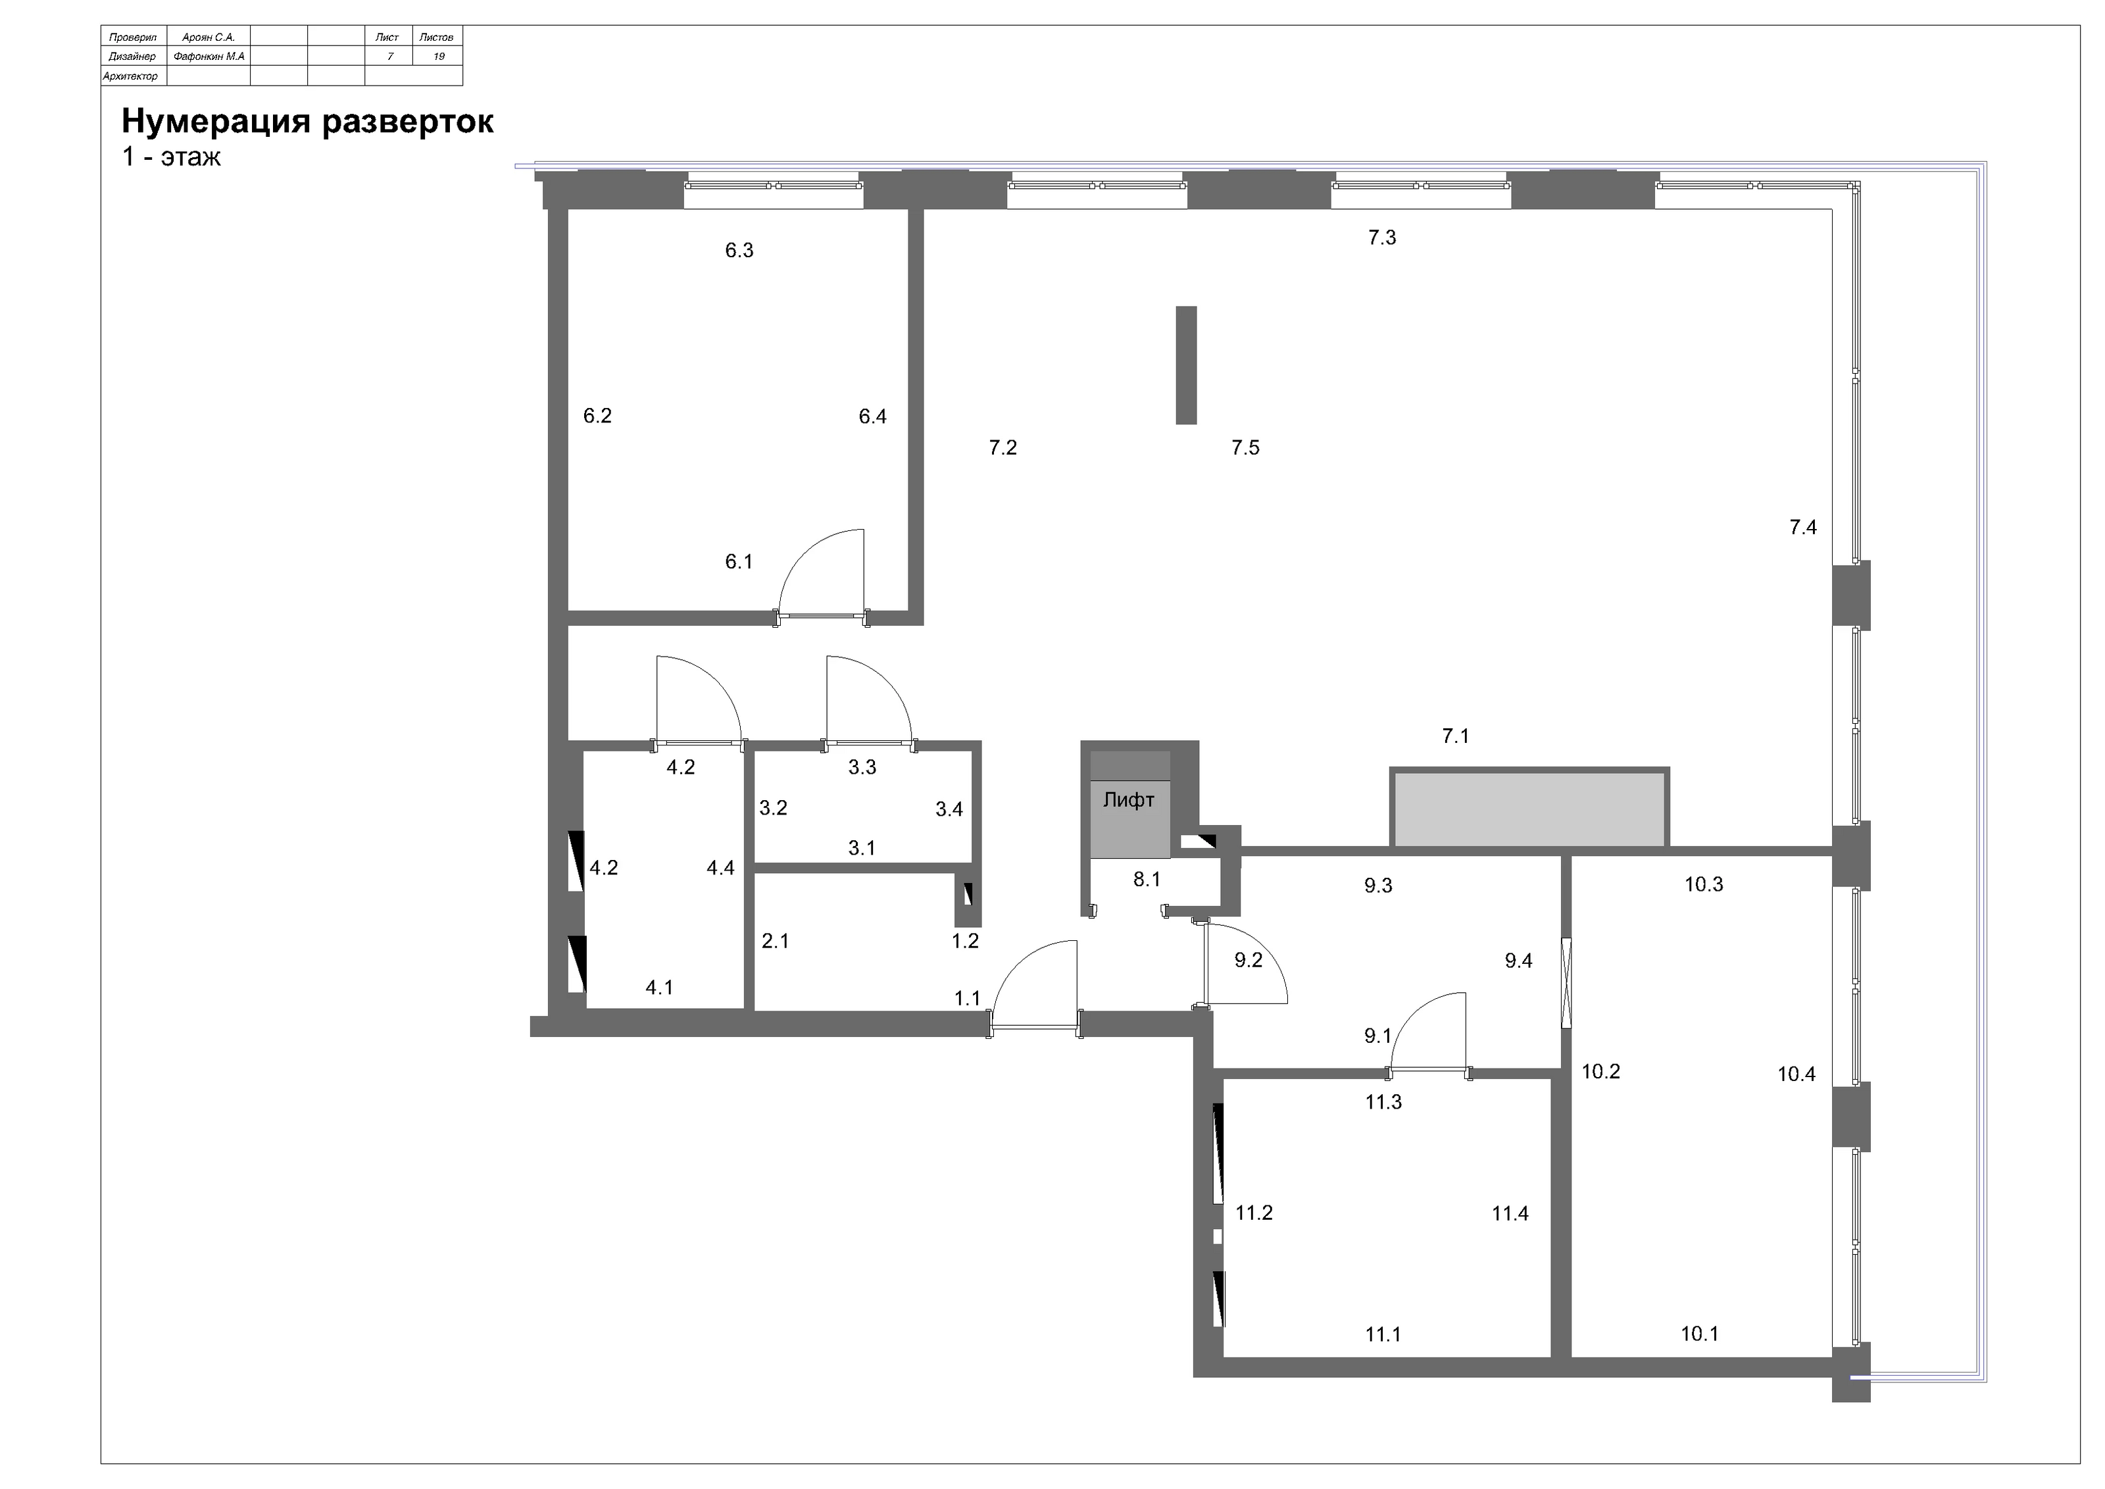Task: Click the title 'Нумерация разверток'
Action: click(308, 121)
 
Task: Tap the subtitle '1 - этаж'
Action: click(172, 157)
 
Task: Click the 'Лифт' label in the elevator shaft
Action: click(1129, 799)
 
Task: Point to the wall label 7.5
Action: click(1245, 447)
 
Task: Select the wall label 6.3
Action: click(739, 250)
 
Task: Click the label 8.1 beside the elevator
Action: click(1147, 879)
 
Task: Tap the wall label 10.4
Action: click(1796, 1074)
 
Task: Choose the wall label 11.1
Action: click(1383, 1334)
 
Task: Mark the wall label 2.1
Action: click(775, 941)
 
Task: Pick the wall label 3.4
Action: click(949, 809)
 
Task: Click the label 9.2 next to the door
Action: click(1248, 960)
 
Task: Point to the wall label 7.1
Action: click(1455, 736)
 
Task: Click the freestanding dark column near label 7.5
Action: click(1186, 365)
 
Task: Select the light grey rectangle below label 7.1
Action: click(1528, 809)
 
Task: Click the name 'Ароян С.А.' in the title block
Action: click(209, 38)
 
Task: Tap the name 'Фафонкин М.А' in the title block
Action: click(209, 57)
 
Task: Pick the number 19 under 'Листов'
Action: click(439, 57)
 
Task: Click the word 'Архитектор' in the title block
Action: click(130, 77)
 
